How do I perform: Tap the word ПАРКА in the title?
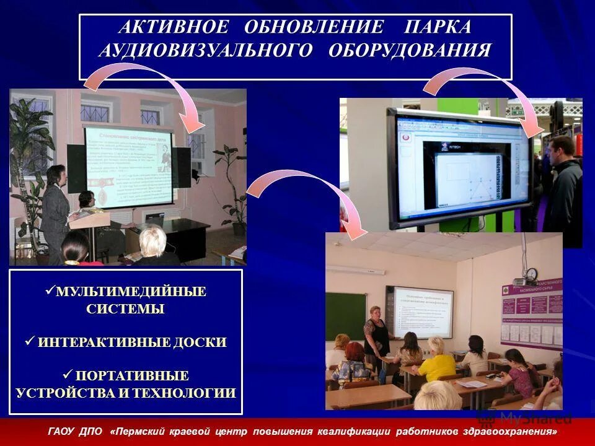click(x=438, y=28)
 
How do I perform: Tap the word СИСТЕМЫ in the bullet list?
click(x=125, y=309)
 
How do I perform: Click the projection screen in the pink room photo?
click(x=128, y=164)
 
